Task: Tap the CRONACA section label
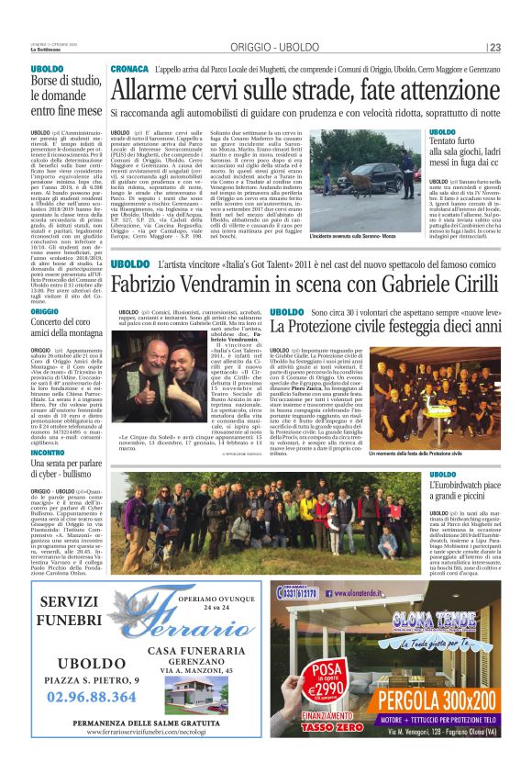click(127, 70)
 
